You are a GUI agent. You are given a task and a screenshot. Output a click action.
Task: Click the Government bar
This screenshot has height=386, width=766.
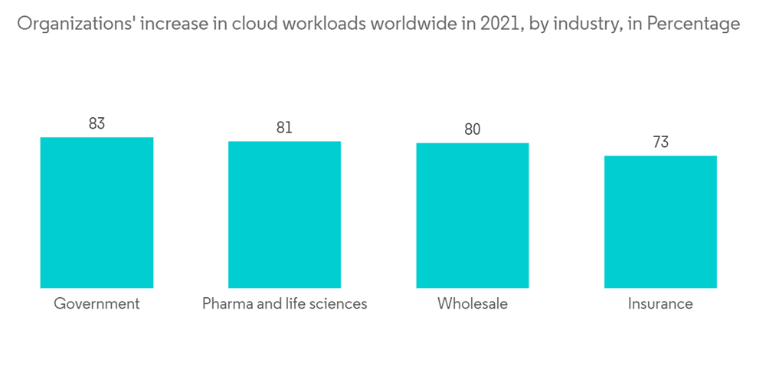point(97,212)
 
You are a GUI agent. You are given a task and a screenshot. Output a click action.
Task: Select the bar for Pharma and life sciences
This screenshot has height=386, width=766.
point(284,214)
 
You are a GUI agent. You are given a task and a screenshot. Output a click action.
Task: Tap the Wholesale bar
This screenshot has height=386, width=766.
point(473,215)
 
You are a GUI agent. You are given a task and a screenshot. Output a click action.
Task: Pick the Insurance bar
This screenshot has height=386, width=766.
point(660,221)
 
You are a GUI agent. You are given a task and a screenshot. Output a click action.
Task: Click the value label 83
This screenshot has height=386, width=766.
point(97,123)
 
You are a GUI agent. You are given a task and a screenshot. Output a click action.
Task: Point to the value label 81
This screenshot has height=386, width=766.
point(284,127)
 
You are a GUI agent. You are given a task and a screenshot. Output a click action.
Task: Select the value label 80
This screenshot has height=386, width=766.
point(473,129)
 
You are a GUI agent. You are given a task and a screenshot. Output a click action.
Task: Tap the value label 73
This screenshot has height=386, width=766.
point(660,142)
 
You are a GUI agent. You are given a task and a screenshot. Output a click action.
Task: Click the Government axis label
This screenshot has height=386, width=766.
point(97,304)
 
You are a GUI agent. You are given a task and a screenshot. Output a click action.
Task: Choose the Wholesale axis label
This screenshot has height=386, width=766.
point(473,304)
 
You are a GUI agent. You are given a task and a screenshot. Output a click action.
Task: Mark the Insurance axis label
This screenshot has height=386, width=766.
point(660,304)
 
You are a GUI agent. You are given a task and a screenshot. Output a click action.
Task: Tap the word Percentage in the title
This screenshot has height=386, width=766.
point(693,25)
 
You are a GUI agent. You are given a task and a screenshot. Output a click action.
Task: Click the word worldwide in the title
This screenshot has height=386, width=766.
point(418,25)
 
